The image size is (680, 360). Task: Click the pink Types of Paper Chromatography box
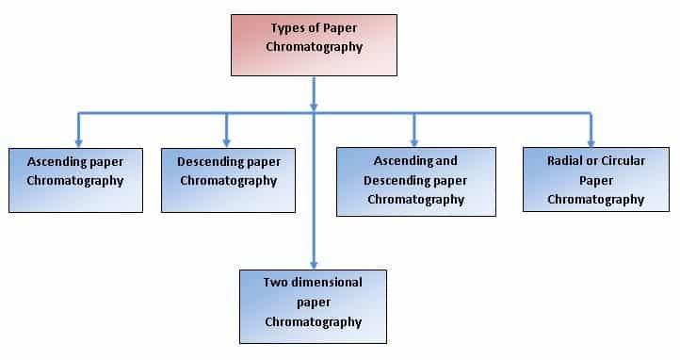(314, 45)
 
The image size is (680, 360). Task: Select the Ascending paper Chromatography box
(76, 180)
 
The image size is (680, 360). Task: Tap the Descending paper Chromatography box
(229, 180)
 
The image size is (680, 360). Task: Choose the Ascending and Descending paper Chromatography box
(416, 182)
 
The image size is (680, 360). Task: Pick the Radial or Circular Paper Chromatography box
(596, 180)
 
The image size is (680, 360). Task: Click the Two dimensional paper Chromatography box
(313, 306)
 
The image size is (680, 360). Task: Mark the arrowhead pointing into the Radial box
(591, 143)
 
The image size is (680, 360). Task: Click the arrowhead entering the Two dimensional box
(314, 266)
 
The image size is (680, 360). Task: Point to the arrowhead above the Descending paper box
(226, 143)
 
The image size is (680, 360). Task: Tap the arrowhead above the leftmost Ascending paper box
(78, 143)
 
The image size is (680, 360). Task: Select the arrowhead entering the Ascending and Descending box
(414, 143)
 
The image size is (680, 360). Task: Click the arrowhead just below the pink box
(314, 107)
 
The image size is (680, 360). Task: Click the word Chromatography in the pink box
(314, 47)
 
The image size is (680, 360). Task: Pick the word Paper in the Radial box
(596, 180)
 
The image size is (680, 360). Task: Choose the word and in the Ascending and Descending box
(445, 161)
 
